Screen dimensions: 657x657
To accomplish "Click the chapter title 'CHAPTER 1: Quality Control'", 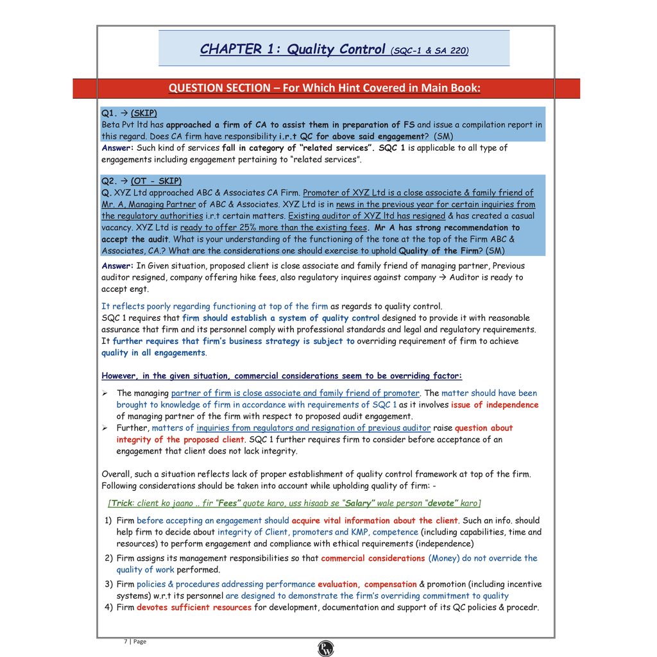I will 293,49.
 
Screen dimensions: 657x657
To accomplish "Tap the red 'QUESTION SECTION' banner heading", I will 324,88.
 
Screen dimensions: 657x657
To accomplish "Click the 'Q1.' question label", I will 110,113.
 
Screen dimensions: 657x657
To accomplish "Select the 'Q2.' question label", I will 110,181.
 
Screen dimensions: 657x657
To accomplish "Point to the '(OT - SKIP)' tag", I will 156,181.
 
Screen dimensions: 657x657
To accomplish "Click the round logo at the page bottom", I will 326,648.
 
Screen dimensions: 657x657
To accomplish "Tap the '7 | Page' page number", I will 135,641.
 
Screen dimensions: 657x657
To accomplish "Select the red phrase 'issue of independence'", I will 495,405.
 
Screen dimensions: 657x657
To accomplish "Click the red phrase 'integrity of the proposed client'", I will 180,439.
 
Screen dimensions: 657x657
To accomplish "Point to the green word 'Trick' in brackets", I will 122,503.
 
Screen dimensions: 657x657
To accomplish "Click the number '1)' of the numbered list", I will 108,520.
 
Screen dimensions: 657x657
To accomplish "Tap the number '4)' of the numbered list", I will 108,607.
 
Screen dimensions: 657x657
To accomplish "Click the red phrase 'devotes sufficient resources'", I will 194,607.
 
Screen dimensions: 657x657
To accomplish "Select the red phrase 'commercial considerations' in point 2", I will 373,558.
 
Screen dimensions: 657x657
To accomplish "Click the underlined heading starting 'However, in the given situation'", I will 282,376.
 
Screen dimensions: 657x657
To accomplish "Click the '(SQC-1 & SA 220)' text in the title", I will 429,51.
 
